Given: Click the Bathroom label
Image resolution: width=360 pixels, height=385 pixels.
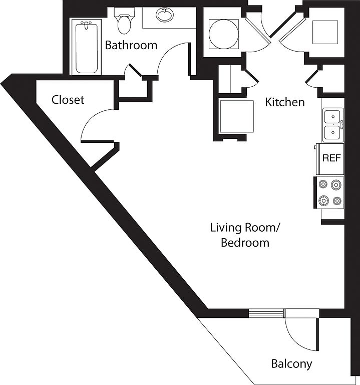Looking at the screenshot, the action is click(131, 45).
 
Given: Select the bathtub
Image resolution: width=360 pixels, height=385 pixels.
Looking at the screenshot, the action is click(86, 47).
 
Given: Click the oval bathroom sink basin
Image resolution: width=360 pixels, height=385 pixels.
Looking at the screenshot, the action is click(165, 15).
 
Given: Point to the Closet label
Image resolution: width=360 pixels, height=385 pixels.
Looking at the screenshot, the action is click(68, 100).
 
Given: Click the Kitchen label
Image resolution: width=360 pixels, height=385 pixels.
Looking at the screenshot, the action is click(285, 102).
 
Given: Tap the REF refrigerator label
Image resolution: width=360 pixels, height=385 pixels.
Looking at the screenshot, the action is click(331, 158).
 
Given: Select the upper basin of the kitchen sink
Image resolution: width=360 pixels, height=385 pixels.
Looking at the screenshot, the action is click(332, 116).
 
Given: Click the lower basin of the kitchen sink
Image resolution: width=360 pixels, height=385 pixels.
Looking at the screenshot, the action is click(332, 132).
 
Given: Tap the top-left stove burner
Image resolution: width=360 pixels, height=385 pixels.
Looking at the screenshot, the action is click(323, 183).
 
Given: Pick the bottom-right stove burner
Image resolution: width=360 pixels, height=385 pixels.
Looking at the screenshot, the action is click(337, 201).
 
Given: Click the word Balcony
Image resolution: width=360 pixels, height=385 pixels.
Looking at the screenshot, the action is click(291, 363).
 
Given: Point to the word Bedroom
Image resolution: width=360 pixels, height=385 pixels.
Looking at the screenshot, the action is click(245, 243).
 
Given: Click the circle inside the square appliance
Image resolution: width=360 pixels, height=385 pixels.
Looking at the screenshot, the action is click(223, 34).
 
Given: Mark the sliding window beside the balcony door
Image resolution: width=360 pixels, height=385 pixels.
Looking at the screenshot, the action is click(266, 313).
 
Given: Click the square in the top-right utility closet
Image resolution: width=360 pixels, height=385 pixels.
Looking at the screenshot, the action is click(325, 32).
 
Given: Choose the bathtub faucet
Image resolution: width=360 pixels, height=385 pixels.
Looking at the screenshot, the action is click(86, 25).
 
